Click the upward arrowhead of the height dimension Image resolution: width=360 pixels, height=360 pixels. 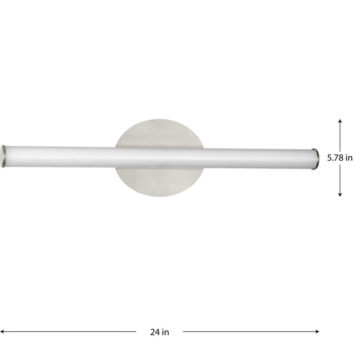(x=340, y=120)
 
